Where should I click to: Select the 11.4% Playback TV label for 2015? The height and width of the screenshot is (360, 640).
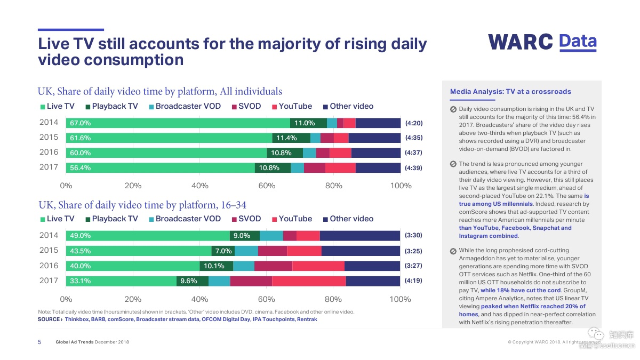(285, 138)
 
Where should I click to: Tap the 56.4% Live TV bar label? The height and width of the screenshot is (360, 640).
(80, 168)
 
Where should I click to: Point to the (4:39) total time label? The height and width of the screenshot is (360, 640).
(413, 168)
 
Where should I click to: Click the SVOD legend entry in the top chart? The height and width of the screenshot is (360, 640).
(246, 106)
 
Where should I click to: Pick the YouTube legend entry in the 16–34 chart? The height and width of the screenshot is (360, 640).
(292, 219)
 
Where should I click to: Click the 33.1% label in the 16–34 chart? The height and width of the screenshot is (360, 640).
(79, 281)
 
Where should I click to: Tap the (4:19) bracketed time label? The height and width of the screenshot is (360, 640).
(413, 281)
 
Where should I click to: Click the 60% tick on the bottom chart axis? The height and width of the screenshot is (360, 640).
(266, 299)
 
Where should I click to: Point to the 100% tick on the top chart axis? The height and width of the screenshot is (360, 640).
(401, 186)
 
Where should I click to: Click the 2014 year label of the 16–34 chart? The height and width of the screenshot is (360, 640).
(49, 235)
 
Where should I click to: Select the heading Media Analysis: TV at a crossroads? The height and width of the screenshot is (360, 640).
(510, 92)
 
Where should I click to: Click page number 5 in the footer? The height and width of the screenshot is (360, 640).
(39, 342)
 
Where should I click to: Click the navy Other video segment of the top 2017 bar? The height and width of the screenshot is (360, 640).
(378, 168)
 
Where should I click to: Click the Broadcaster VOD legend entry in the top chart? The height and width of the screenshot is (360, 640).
(184, 106)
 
